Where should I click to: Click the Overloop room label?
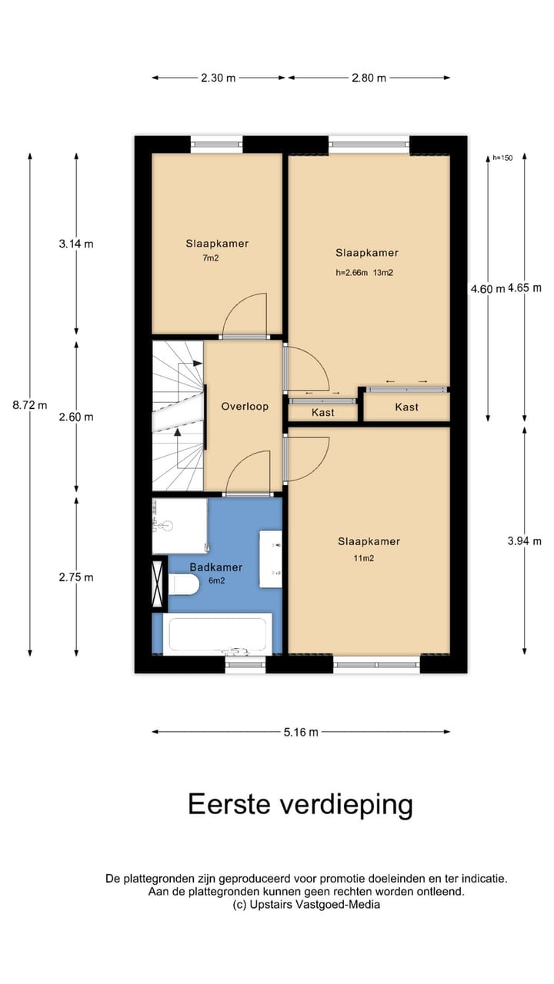(245, 406)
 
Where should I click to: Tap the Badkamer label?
(216, 567)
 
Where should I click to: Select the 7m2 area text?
(211, 258)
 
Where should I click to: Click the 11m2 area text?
(363, 558)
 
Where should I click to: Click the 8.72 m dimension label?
(30, 405)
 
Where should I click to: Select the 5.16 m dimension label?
(301, 732)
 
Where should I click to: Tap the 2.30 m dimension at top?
(219, 78)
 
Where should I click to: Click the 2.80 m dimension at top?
(369, 78)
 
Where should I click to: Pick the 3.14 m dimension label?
(75, 244)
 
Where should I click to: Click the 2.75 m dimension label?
(75, 577)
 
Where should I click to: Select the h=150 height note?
(502, 158)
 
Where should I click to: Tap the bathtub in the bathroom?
(218, 634)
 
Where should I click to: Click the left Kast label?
(322, 413)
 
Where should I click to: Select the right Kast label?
(406, 407)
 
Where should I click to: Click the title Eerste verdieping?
(300, 805)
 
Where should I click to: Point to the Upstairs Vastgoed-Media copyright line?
(306, 905)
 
